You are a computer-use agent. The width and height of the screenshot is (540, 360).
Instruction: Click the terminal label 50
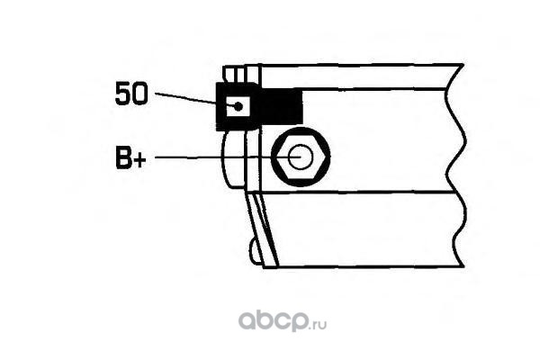pos(133,93)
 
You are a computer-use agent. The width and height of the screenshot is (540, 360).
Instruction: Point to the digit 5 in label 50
pos(124,93)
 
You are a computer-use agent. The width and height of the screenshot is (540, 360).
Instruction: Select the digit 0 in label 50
pos(141,93)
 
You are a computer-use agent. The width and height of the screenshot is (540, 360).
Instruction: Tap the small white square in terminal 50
pos(237,106)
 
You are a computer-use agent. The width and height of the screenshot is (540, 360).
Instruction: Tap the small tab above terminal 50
pos(236,74)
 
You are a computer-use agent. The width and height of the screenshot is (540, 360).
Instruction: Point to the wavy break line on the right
pos(461,162)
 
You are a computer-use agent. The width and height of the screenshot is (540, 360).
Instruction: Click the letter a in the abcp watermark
pos(247,320)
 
